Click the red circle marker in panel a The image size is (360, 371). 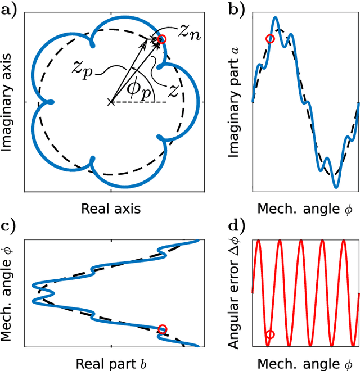tap(162, 39)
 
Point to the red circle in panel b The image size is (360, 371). tap(270, 39)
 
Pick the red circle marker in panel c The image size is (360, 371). tap(163, 329)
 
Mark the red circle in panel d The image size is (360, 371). tap(270, 334)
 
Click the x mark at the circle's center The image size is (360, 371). tap(111, 102)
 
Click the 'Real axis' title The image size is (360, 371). tap(111, 209)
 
